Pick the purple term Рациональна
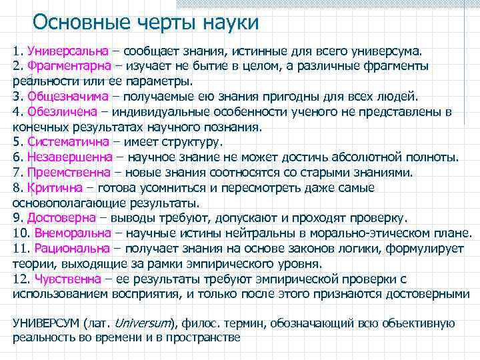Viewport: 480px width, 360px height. click(x=72, y=249)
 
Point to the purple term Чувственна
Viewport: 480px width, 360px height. click(x=67, y=279)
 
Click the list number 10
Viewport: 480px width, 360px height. click(x=21, y=233)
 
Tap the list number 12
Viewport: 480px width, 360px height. click(x=21, y=279)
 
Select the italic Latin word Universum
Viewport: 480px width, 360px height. click(x=142, y=323)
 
